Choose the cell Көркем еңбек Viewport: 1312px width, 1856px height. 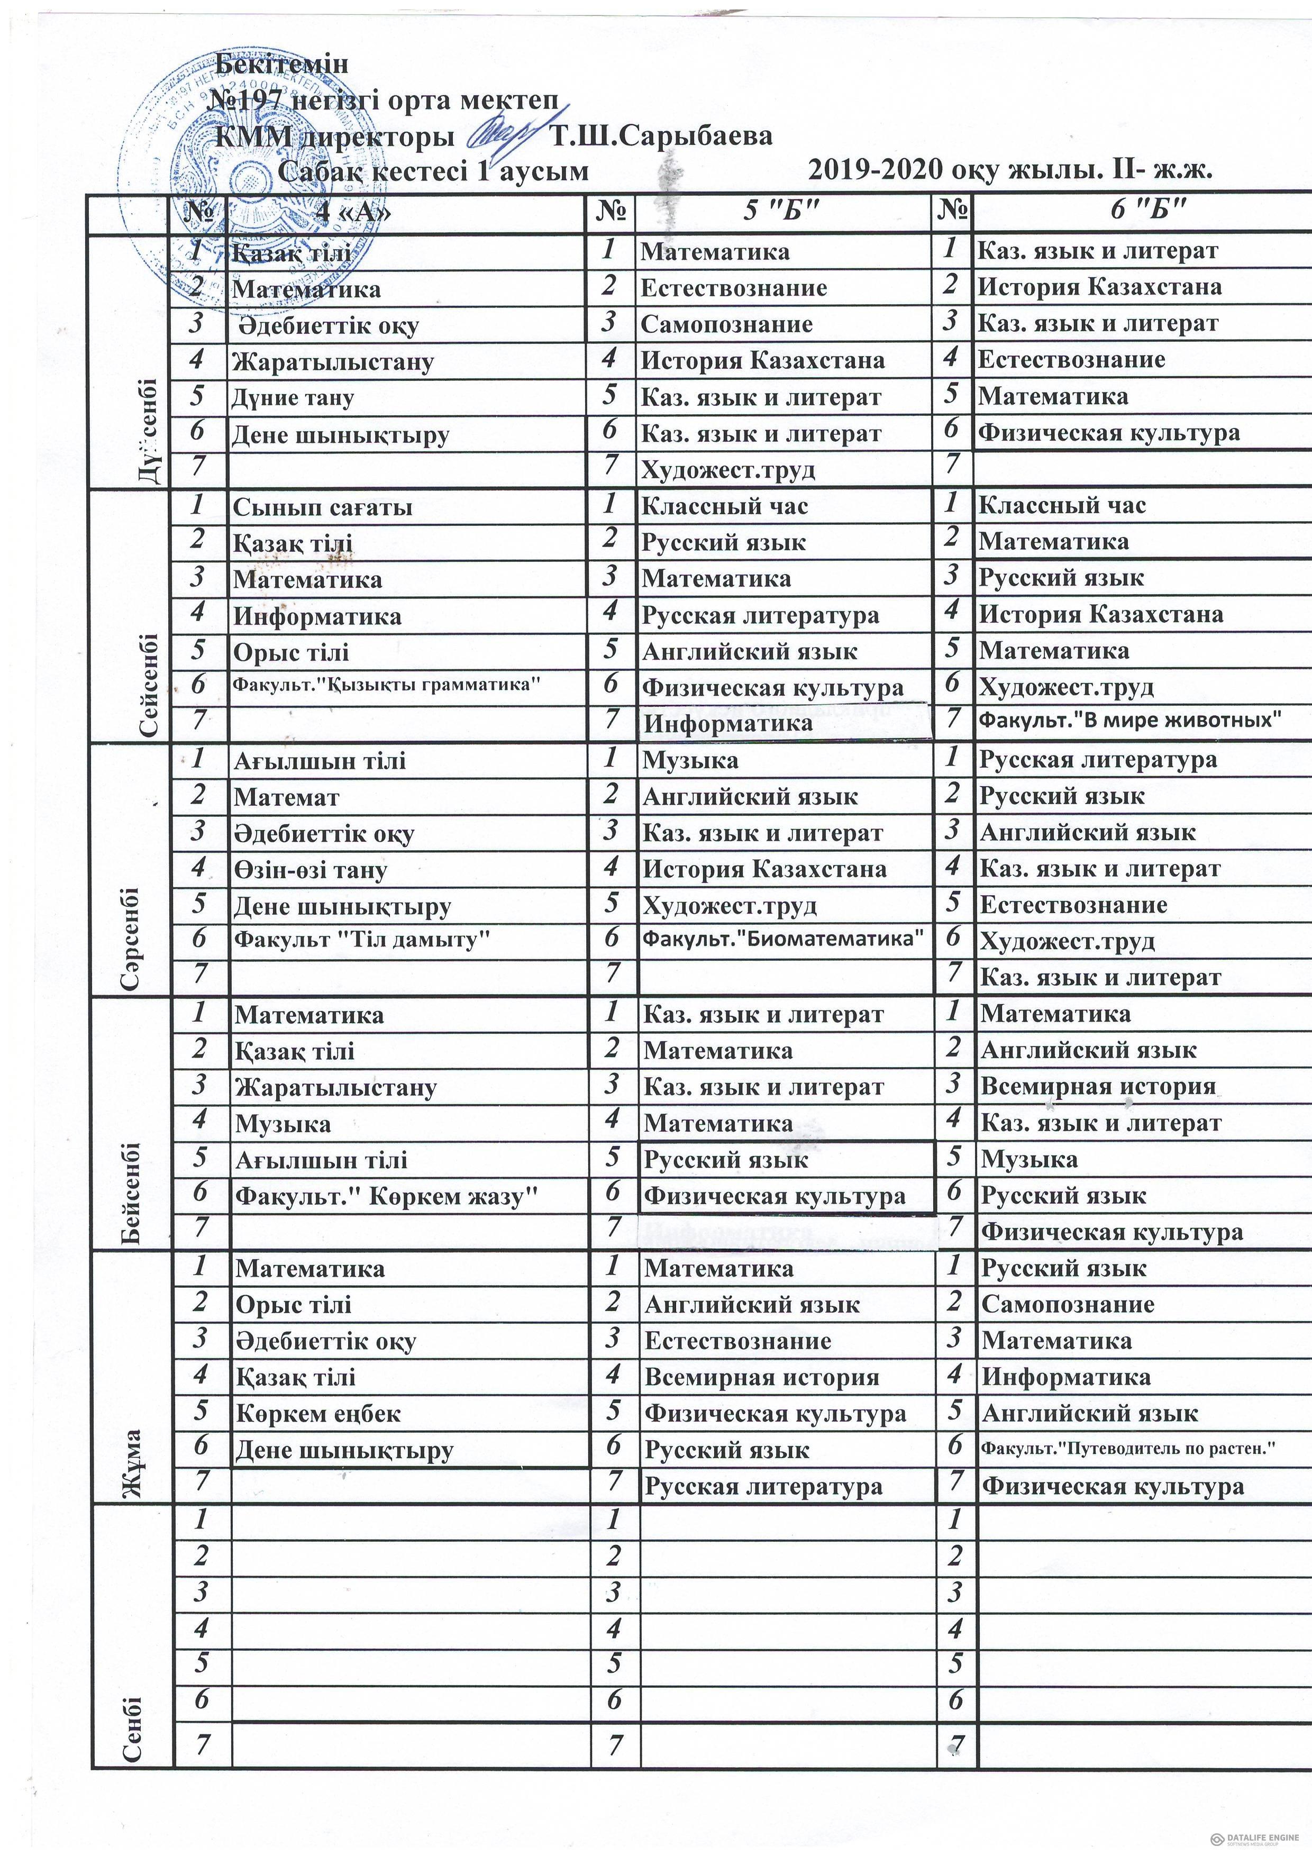(x=318, y=1413)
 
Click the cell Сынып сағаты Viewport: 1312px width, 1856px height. (x=323, y=508)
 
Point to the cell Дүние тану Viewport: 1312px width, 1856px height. (x=293, y=398)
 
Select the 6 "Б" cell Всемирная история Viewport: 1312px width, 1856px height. (x=1098, y=1086)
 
